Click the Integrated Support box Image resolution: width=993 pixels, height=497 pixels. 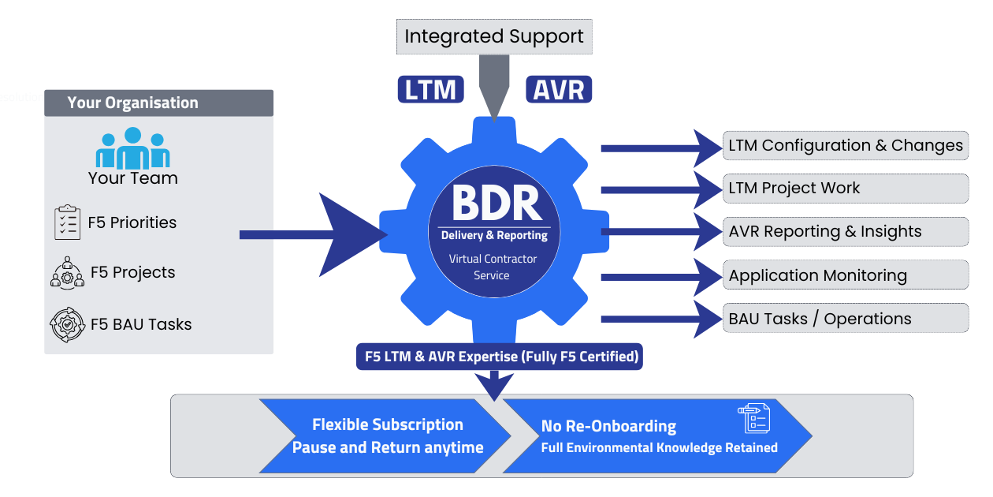494,36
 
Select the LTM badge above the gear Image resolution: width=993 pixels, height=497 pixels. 430,89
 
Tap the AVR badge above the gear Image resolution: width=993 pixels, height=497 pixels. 558,89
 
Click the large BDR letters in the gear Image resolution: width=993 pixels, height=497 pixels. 496,204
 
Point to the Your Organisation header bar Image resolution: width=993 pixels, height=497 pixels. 158,103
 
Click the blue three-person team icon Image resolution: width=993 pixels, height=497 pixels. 133,148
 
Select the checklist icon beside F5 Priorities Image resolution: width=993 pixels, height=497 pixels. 68,223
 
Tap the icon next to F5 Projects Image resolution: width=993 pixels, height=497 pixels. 67,272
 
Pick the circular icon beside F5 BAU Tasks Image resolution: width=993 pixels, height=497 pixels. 67,324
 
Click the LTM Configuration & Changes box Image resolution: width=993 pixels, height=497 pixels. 846,145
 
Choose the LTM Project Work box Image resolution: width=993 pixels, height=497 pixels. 846,189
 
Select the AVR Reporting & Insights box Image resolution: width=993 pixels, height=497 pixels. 846,232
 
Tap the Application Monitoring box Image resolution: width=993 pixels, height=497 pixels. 846,275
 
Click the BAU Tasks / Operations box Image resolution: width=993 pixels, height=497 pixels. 846,319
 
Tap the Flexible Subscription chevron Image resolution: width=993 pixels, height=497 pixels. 386,436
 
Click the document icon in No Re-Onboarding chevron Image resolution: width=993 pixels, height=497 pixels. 753,418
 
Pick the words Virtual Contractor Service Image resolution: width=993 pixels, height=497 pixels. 493,267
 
